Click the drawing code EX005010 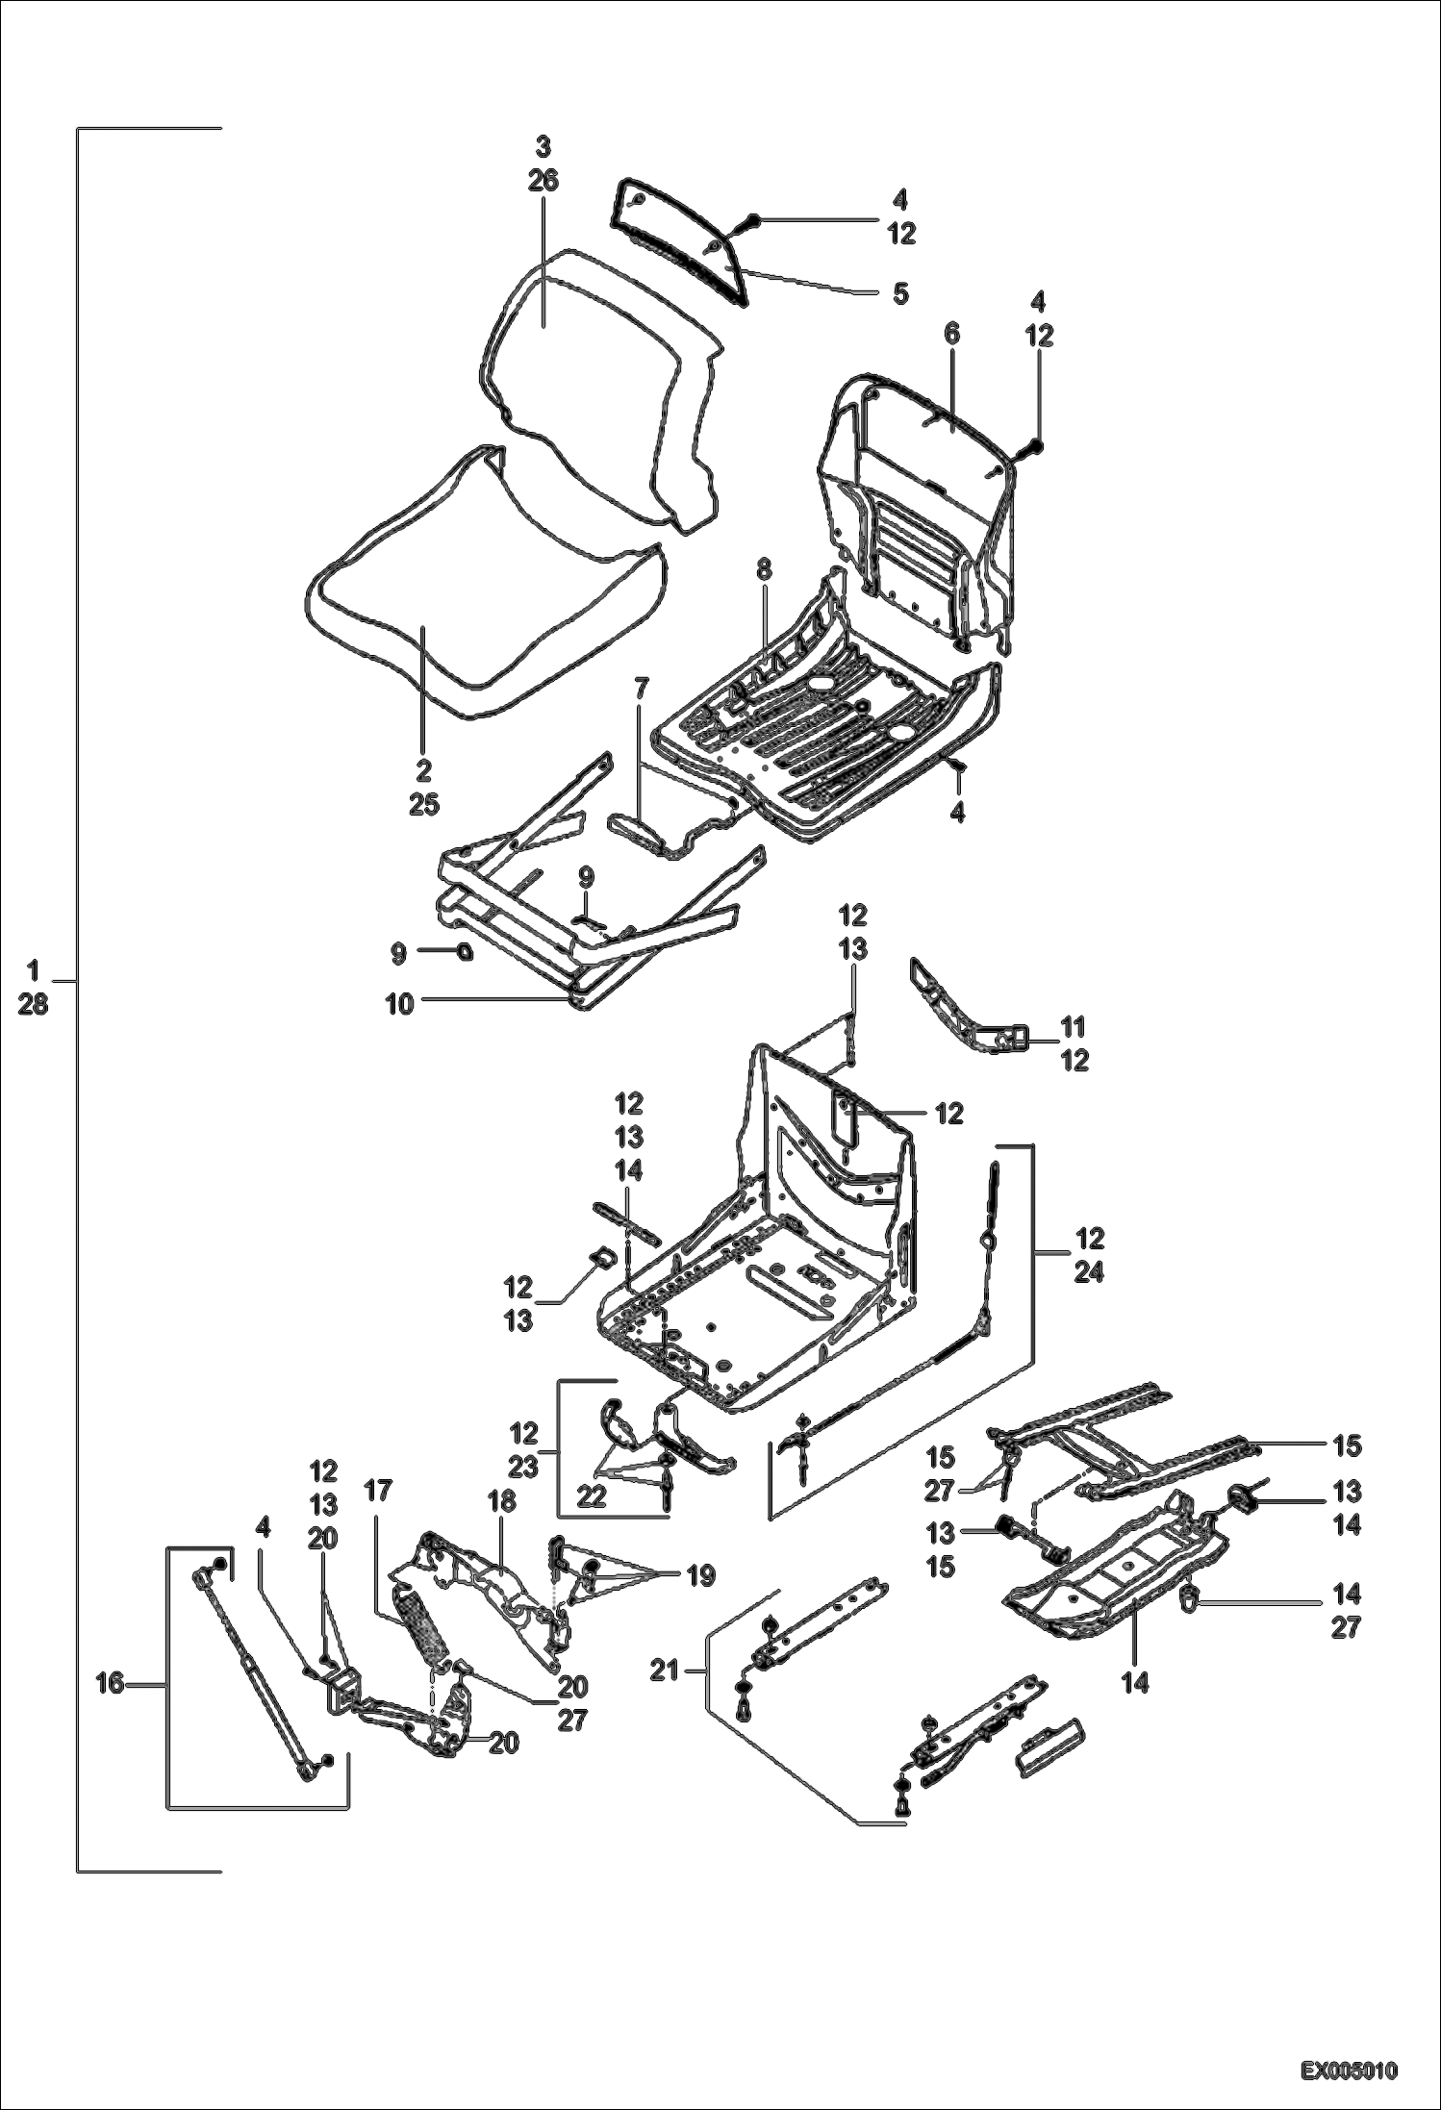[x=1349, y=2070]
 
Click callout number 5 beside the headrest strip [x=899, y=294]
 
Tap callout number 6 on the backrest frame [x=951, y=335]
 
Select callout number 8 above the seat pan [x=764, y=569]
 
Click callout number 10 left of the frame [x=399, y=1004]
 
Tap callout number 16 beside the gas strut [x=111, y=1683]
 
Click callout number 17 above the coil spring [x=378, y=1491]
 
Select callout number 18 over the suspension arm [x=501, y=1500]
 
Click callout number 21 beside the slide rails [x=664, y=1671]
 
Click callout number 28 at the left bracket [x=33, y=1006]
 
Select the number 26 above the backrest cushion [x=544, y=181]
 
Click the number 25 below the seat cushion [x=423, y=804]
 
